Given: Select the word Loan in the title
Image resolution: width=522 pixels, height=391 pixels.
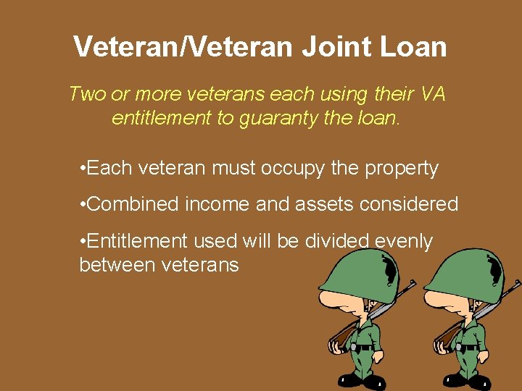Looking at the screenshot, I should (418, 47).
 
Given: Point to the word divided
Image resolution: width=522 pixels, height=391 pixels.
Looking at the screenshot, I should (344, 241).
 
